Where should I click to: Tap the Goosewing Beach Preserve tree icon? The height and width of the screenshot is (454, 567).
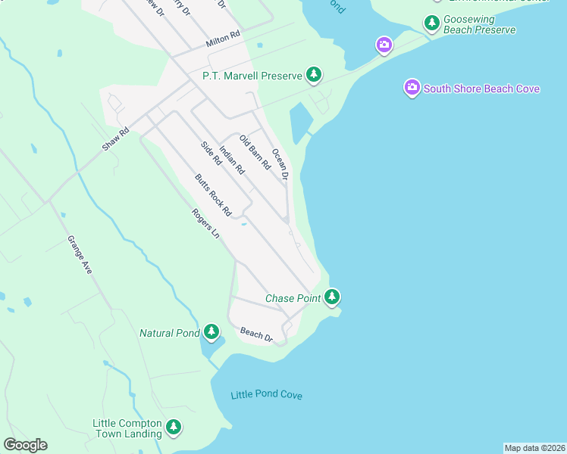coord(432,23)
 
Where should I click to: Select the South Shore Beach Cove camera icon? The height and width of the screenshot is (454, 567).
coord(412,88)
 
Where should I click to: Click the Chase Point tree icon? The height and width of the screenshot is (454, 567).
coord(331,297)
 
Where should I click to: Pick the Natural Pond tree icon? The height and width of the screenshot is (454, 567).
coord(211,331)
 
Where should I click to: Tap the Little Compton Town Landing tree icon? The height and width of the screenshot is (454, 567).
coord(174,428)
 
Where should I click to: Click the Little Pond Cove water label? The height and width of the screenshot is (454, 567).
coord(266,395)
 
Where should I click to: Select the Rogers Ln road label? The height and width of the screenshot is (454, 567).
coord(205,224)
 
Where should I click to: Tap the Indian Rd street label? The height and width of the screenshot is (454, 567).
coord(232,159)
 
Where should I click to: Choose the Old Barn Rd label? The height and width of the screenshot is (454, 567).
coord(255,151)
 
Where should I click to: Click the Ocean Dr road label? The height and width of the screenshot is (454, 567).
coord(280,163)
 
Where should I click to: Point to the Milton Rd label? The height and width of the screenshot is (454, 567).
coord(224,39)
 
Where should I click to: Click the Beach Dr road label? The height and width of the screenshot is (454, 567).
coord(256,334)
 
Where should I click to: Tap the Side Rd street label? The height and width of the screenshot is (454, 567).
coord(211,154)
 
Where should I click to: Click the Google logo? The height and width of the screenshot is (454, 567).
coord(25,445)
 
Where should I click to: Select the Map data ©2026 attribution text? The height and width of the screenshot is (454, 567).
coord(534,448)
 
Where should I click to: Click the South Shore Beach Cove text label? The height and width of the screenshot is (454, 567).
coord(481,89)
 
